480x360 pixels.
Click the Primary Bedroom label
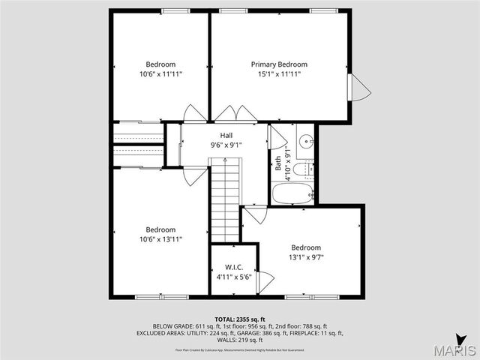pos(279,64)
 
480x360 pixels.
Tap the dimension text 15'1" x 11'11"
pos(279,74)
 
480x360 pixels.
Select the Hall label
pos(226,135)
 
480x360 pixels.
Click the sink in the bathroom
pos(306,140)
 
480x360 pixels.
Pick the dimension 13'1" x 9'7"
pos(306,257)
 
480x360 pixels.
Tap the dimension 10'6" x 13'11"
pos(160,239)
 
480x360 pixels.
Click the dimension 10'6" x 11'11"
pos(160,74)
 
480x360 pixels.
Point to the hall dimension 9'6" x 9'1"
pos(226,145)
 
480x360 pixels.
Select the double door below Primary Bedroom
pos(236,114)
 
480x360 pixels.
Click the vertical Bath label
pos(278,163)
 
